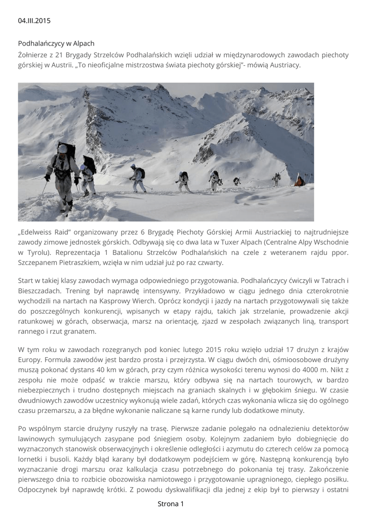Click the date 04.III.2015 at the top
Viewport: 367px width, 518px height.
pos(34,21)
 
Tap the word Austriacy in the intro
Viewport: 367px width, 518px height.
pos(285,65)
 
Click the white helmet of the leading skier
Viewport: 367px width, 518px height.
pos(62,149)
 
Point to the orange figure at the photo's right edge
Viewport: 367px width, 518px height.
pos(300,180)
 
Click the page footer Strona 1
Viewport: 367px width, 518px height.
pos(171,504)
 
